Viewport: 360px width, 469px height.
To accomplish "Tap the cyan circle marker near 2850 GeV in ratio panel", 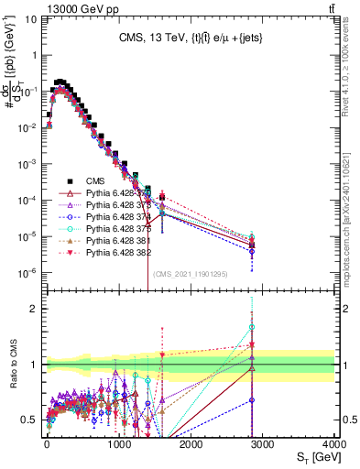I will [x=252, y=327].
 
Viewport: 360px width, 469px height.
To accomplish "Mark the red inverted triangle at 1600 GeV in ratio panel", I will [x=162, y=355].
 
